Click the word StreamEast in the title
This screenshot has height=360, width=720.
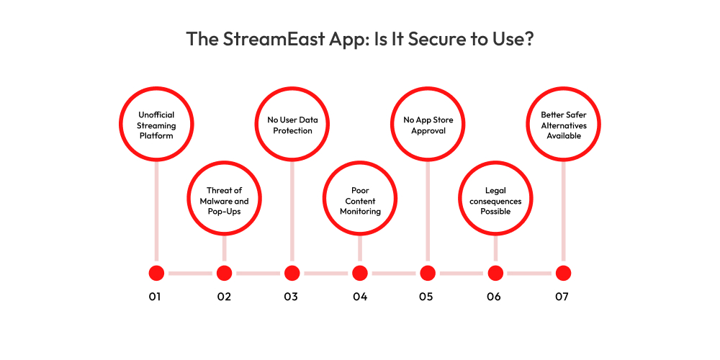coord(259,39)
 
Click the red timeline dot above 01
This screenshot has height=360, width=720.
coord(156,273)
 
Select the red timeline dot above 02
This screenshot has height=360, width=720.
coord(224,273)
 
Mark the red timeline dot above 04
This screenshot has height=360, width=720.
coord(359,273)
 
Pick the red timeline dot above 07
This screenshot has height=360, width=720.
coord(563,273)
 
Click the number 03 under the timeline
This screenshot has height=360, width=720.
coord(291,297)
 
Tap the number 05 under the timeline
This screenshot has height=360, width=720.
coord(426,297)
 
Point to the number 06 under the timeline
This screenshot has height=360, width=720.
coord(494,297)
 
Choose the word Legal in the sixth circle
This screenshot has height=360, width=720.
coord(495,191)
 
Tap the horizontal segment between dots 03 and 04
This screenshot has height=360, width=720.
coord(325,273)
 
